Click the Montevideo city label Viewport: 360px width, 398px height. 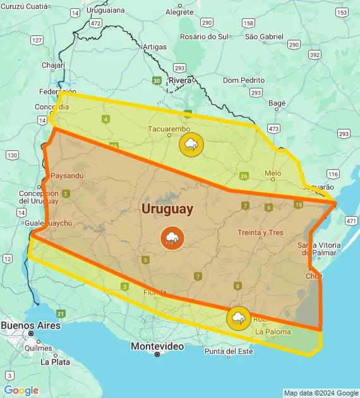tap(157, 346)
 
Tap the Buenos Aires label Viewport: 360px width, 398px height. tap(30, 325)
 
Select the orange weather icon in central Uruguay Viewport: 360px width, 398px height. tap(171, 238)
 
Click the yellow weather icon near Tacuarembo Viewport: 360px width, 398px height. tap(191, 145)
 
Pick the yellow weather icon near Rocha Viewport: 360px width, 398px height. tap(238, 318)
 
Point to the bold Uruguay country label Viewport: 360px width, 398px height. tap(168, 208)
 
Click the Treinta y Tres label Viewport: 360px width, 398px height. tap(260, 232)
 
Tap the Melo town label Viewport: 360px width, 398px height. tap(273, 173)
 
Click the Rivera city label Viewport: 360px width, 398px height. tap(180, 80)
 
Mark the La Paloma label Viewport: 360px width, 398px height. tap(273, 332)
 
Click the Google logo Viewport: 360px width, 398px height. tap(21, 390)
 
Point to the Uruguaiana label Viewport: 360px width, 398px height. tap(106, 11)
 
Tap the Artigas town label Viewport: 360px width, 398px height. tap(155, 47)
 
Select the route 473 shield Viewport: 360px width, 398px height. tap(273, 128)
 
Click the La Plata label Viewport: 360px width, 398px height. tap(55, 362)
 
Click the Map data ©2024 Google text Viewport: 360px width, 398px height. tap(321, 393)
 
